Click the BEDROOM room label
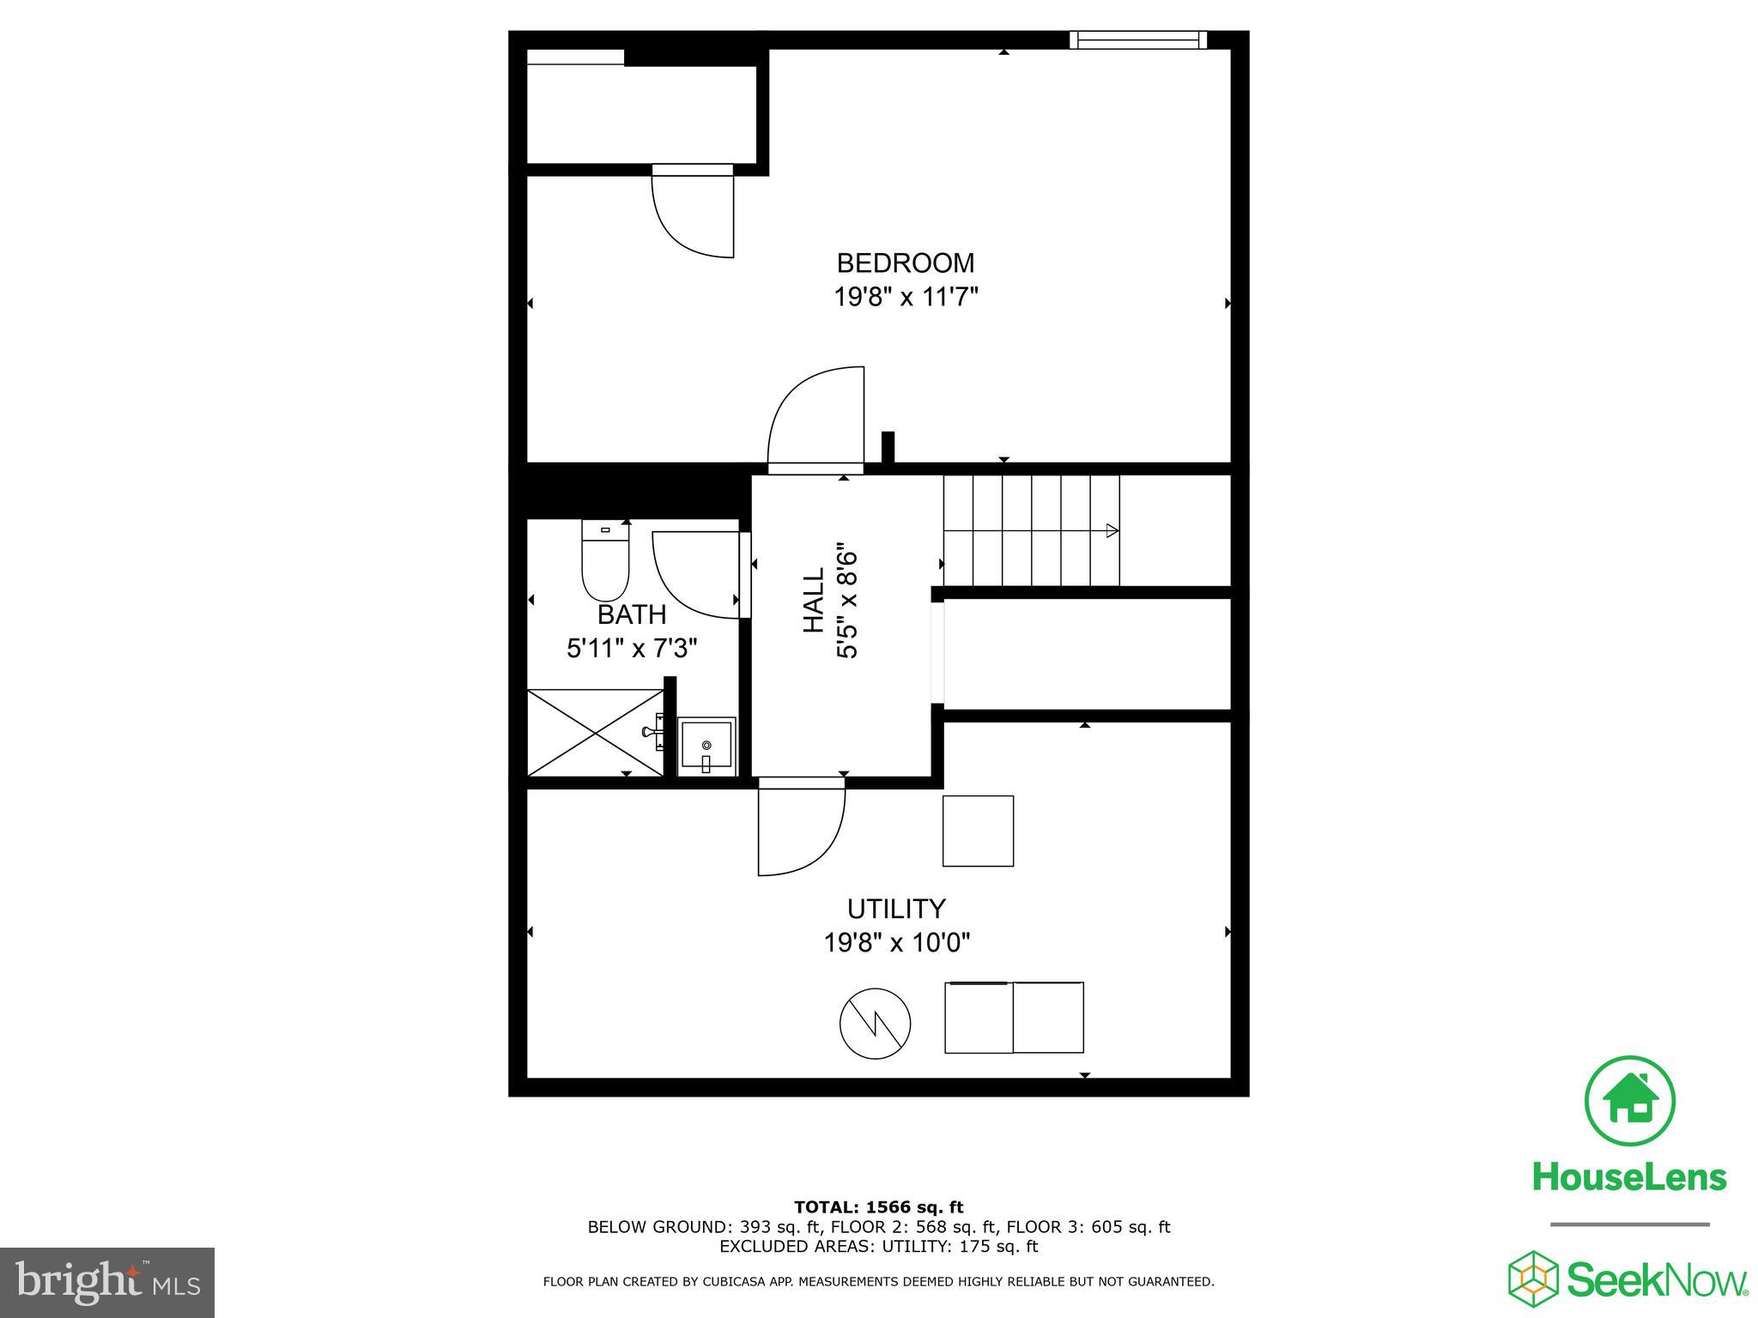coord(905,262)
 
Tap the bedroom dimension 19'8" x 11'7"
coord(906,297)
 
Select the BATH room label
coord(632,614)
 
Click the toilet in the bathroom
coord(605,563)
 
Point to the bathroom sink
coord(706,747)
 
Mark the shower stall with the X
coord(594,732)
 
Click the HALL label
coord(813,600)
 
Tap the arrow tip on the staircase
coord(1112,530)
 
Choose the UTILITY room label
coord(896,908)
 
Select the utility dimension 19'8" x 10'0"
coord(897,943)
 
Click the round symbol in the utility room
coord(875,1023)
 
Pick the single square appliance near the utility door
coord(978,831)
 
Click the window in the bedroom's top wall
coord(1138,39)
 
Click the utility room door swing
coord(801,831)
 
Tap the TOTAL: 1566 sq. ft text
coord(878,1207)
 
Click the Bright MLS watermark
coord(107,1282)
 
